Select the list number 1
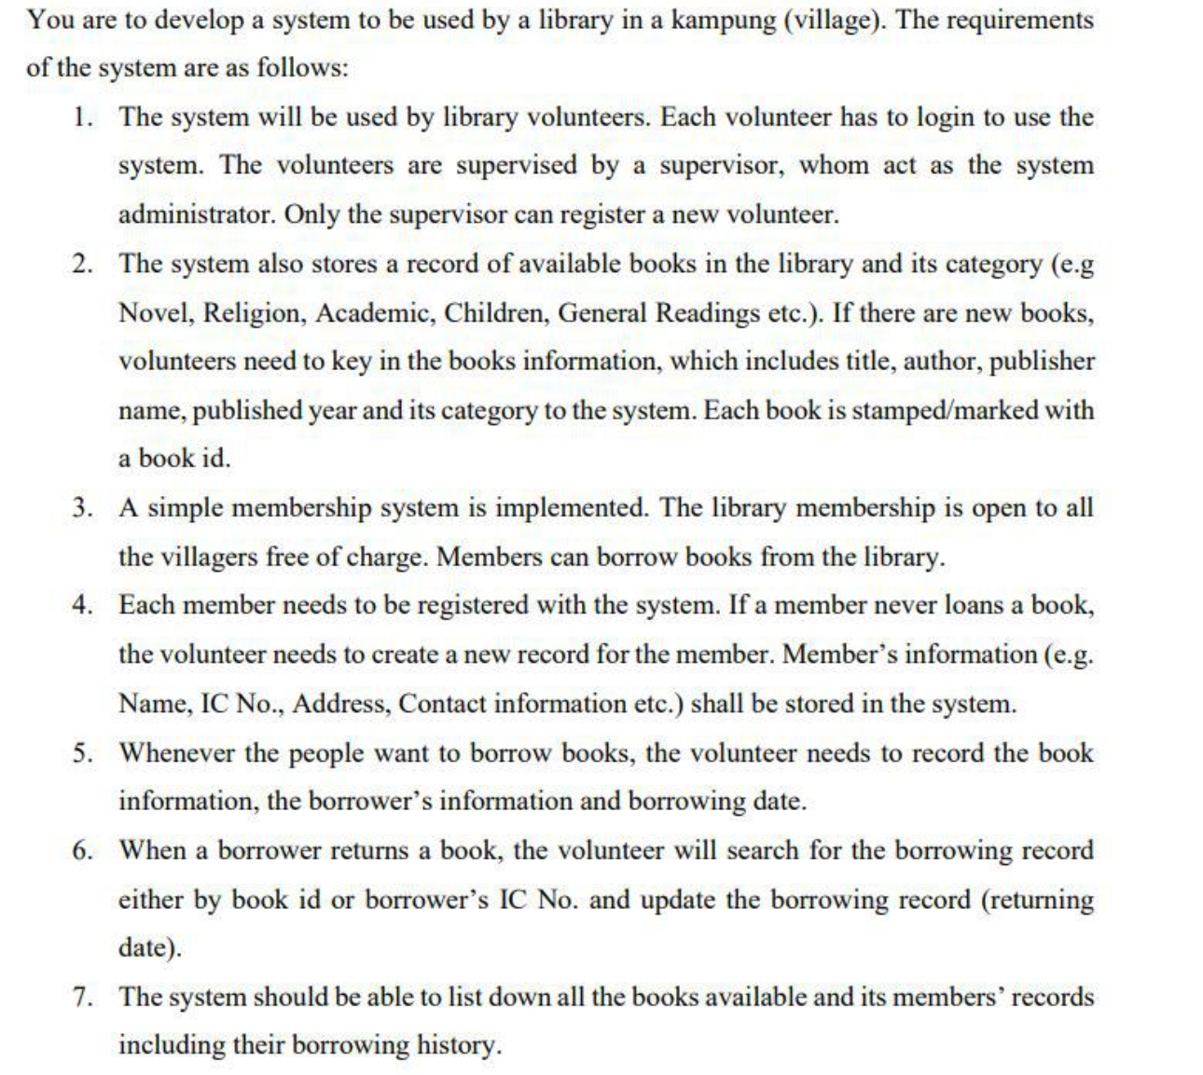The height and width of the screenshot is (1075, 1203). (83, 117)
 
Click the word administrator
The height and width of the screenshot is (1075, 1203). (195, 214)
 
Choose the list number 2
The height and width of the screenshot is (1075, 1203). (83, 264)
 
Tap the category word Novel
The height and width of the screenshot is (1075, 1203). (153, 312)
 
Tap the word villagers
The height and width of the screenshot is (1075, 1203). (213, 557)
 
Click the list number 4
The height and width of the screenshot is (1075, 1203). (83, 605)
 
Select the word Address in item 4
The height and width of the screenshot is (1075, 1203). (342, 703)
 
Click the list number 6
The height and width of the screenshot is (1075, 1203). (83, 850)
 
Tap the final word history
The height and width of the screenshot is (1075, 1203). (458, 1045)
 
